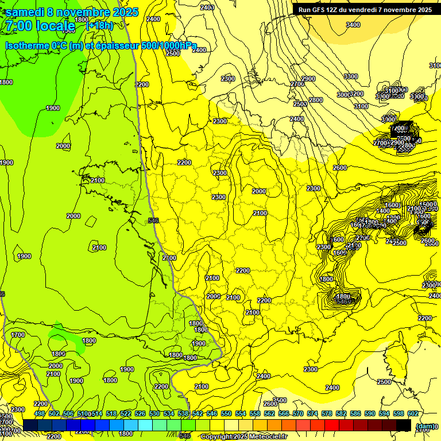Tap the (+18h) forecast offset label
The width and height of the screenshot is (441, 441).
coord(99,26)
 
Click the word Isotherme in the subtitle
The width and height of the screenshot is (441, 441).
coord(27,46)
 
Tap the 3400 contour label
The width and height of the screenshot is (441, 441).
coord(353,25)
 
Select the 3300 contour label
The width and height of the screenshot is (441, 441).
coord(351,76)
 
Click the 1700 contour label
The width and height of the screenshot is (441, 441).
coord(18,334)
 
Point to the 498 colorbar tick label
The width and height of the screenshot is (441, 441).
coord(39,414)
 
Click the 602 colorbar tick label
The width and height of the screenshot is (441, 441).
coord(413,414)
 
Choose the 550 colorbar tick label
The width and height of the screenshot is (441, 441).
coord(226,414)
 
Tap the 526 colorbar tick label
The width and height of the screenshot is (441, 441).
coord(140,414)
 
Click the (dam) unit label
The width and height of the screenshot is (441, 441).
coord(424,426)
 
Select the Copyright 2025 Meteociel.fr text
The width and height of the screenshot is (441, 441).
coord(243,437)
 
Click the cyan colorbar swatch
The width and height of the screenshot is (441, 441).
coord(145,425)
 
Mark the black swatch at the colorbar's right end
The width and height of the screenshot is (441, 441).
coord(403,425)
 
